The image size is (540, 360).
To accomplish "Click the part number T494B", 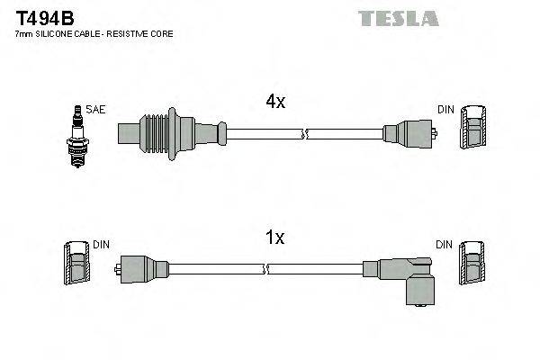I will (x=40, y=17).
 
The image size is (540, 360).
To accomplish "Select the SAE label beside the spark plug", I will (x=96, y=111).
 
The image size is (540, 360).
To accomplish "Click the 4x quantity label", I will (x=275, y=102).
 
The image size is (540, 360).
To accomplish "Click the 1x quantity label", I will (x=275, y=238).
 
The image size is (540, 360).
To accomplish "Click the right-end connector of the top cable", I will (x=409, y=135).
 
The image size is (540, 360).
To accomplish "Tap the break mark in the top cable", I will (x=303, y=135).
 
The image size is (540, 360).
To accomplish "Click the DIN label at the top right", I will (x=445, y=110).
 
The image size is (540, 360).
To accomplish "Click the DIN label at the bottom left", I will (x=100, y=245).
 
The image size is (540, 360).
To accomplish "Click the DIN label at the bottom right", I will (x=445, y=245).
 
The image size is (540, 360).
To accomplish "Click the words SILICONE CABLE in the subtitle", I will (x=65, y=34).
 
